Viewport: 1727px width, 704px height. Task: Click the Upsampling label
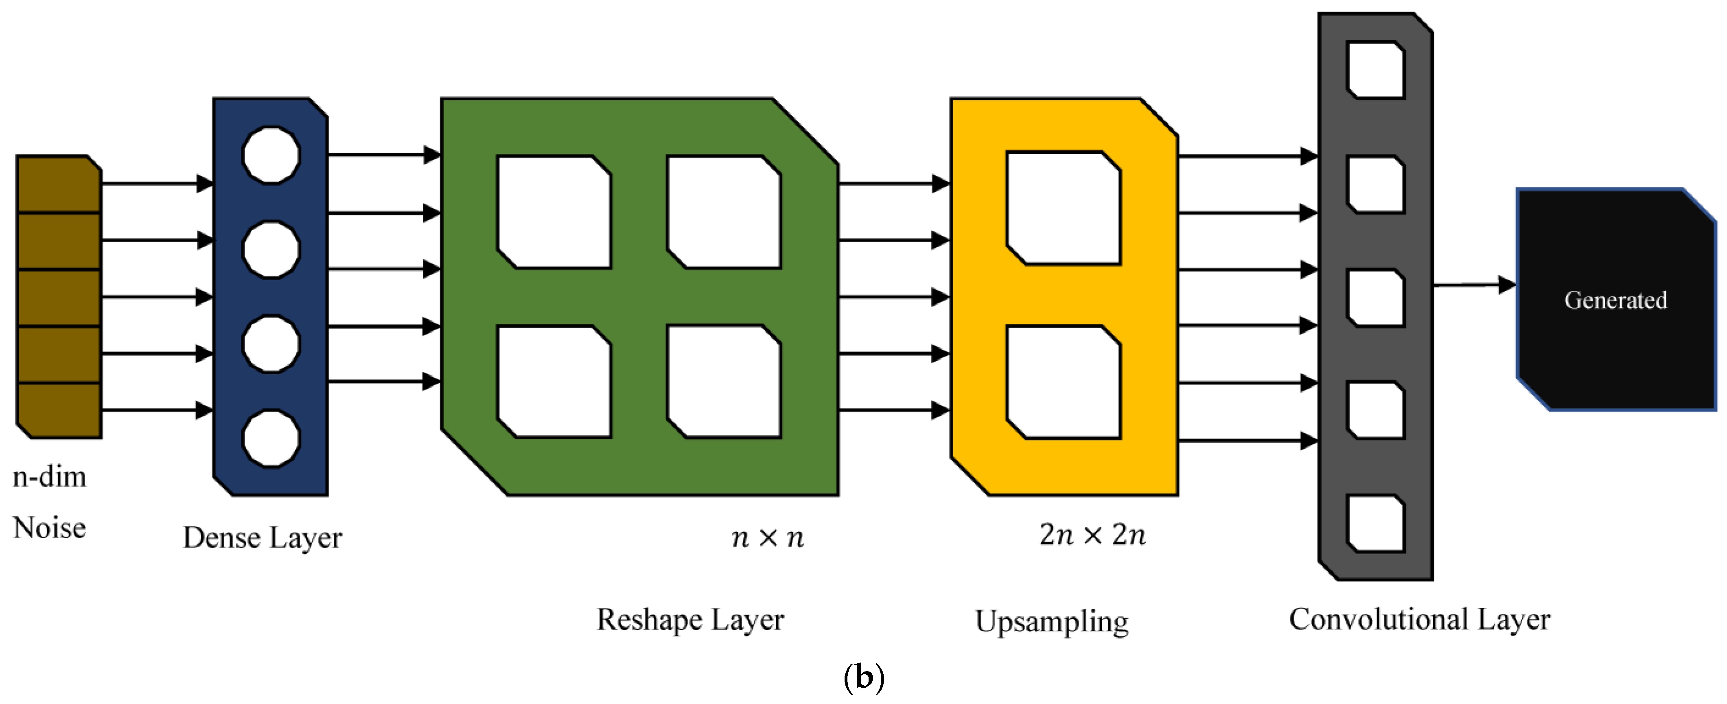pos(1051,621)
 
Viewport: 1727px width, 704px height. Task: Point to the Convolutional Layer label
pos(1419,619)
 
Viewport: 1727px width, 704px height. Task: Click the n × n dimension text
pos(768,537)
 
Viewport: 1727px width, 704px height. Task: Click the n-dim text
pos(50,477)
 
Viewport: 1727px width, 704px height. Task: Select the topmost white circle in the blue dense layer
pos(271,155)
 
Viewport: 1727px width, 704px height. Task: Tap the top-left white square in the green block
pos(554,212)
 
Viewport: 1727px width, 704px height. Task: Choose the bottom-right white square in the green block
pos(724,382)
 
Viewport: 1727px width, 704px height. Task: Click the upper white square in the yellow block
pos(1063,208)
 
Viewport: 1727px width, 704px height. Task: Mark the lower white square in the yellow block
pos(1063,382)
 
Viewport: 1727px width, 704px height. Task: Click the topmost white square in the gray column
pos(1376,70)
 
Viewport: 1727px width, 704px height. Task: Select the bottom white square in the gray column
pos(1376,523)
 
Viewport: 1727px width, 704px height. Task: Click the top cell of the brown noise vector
pos(58,184)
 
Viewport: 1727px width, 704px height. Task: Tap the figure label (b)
pos(864,678)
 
